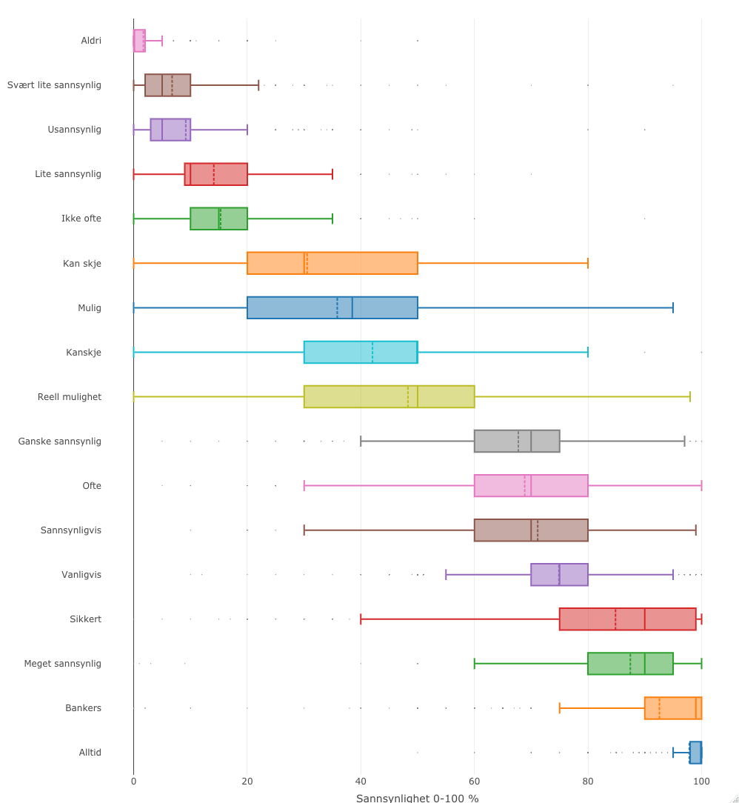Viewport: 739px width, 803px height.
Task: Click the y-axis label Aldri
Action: click(x=91, y=41)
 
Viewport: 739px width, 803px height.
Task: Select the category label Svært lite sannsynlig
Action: click(x=54, y=85)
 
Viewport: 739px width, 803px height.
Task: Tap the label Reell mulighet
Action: click(x=70, y=397)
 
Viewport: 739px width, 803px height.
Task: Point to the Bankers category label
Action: click(x=83, y=708)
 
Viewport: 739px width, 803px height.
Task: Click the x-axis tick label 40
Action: click(x=361, y=781)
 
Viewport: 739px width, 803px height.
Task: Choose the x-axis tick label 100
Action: click(x=701, y=781)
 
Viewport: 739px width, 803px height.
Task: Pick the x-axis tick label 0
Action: click(x=133, y=781)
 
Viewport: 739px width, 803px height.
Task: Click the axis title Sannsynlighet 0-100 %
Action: click(x=417, y=798)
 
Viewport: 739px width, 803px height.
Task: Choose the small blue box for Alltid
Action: click(x=695, y=753)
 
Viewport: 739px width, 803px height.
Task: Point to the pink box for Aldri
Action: click(x=139, y=41)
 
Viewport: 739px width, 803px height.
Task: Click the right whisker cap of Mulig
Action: click(x=673, y=307)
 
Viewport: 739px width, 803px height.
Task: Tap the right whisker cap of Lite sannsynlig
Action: click(x=332, y=174)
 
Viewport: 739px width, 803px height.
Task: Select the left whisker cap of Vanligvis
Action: click(x=446, y=574)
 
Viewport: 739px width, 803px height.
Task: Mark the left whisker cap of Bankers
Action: click(x=559, y=708)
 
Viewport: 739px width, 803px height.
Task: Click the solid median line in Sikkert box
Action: click(x=644, y=619)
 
